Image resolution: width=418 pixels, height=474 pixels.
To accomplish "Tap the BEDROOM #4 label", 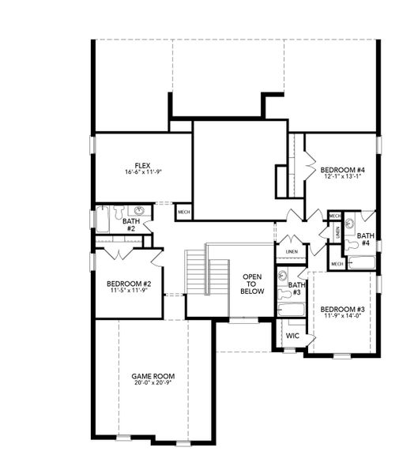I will point(341,170).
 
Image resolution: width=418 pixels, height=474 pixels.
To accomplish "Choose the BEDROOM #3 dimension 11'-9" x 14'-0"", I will point(341,316).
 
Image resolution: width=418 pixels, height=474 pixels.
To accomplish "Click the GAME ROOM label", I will point(151,375).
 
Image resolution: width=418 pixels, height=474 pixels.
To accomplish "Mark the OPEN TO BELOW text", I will point(252,284).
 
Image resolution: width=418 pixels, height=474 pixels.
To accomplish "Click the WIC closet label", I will point(292,336).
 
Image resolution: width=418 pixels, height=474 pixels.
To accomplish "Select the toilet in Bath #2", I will point(119,211).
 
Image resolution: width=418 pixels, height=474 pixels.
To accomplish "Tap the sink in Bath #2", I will point(140,211).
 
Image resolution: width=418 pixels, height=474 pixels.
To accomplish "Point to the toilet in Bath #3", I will point(283,294).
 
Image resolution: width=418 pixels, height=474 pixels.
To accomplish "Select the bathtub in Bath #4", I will point(362,261).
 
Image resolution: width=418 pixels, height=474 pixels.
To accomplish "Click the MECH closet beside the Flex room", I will point(183,212).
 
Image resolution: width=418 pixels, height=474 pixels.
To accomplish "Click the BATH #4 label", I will point(365,239).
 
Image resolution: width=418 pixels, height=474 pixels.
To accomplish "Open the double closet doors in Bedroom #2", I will point(118,254).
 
